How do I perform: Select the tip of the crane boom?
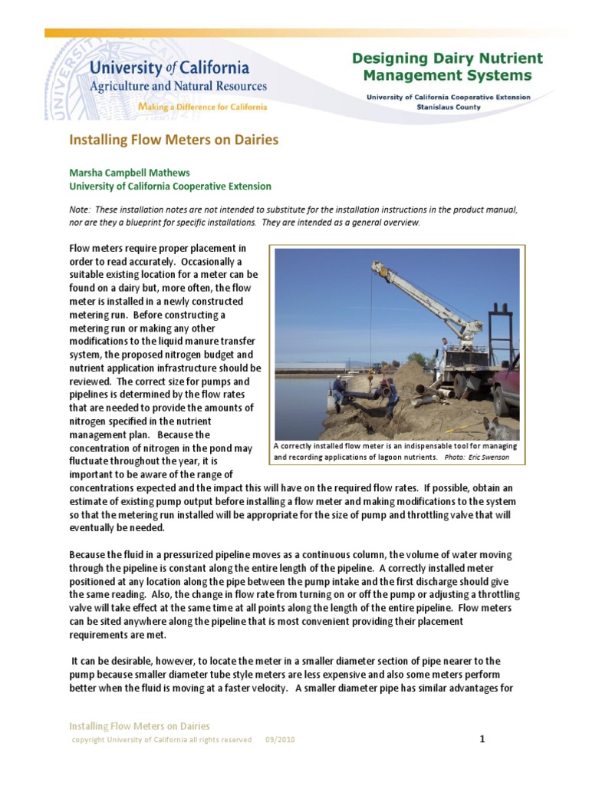tap(375, 266)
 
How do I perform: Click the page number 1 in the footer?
tap(482, 739)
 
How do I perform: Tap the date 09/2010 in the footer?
tap(280, 740)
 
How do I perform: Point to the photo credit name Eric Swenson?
tap(491, 457)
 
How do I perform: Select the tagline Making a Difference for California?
tap(202, 107)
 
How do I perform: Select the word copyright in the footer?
tap(88, 740)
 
